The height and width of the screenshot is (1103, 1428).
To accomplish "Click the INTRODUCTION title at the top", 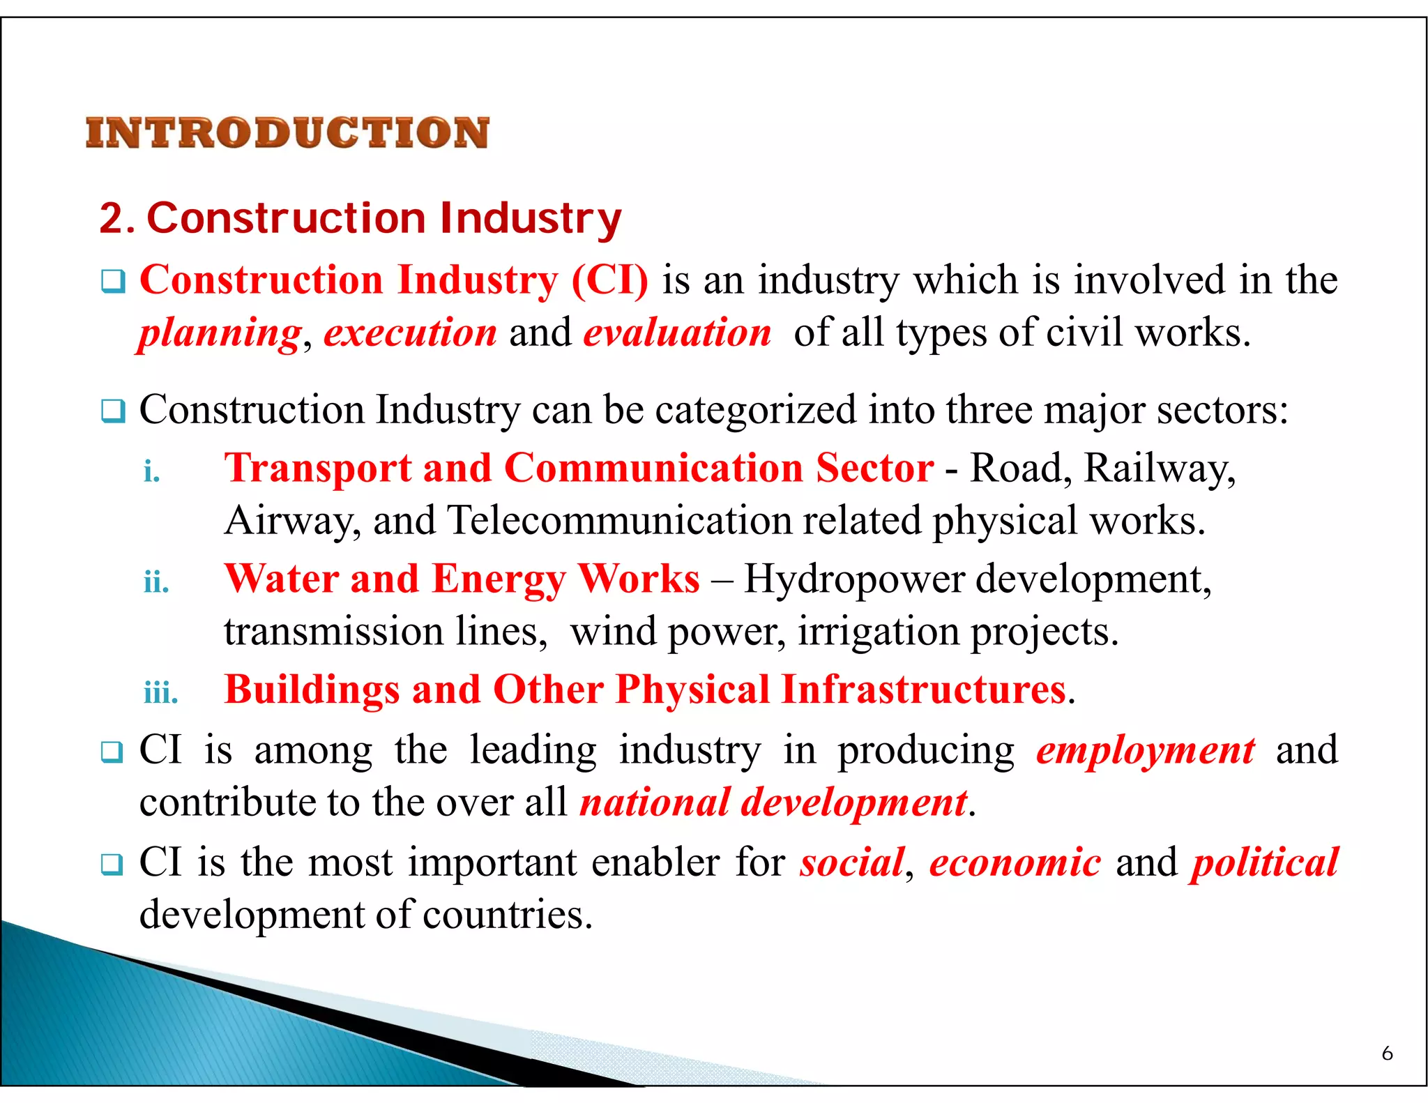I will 287,133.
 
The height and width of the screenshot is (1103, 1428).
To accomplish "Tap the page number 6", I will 1387,1053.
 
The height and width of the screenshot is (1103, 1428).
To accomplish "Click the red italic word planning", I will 220,333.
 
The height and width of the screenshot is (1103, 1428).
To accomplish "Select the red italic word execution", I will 410,333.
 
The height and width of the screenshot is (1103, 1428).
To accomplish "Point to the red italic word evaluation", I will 677,333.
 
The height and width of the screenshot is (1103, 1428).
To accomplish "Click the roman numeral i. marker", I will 152,472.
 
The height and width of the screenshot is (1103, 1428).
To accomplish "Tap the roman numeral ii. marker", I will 156,582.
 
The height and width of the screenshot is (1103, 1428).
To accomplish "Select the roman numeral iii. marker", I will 161,693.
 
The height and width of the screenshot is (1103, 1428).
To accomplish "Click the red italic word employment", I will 1145,751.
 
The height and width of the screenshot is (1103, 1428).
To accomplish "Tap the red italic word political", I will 1264,863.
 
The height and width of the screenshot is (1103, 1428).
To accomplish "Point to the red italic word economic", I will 1015,863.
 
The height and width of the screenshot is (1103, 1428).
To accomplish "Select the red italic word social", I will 852,863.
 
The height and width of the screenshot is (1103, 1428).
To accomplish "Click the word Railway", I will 1159,469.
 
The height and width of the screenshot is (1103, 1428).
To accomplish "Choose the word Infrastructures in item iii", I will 924,690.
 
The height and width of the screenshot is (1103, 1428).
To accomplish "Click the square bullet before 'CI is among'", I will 112,752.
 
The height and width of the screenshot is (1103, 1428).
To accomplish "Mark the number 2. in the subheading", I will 116,219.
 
